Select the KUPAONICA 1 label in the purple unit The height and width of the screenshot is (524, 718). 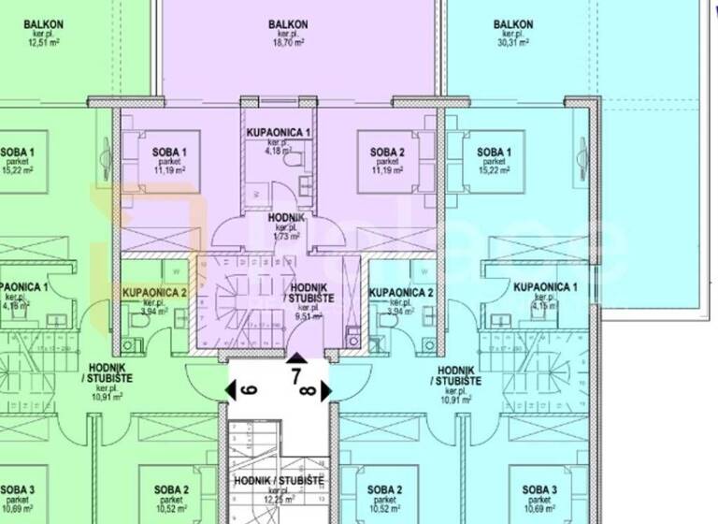pos(279,134)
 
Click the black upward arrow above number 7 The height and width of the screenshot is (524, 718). pos(295,357)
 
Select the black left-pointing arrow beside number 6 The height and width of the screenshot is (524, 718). pos(233,389)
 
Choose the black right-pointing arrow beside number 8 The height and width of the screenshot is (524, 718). pos(325,390)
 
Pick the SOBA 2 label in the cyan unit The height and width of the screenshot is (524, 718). pos(385,489)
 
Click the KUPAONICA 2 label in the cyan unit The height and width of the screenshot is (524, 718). pos(401,293)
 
